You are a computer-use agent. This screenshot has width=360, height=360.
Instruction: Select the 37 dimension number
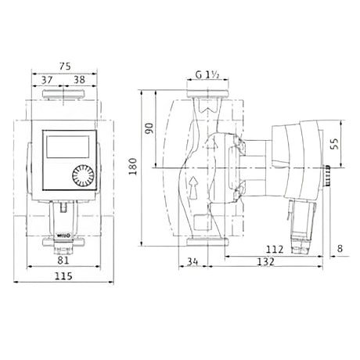(47, 80)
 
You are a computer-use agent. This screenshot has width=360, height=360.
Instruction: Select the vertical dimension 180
(133, 165)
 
